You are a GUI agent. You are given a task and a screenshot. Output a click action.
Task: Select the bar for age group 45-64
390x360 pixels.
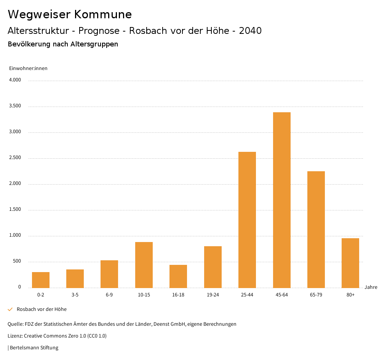click(281, 200)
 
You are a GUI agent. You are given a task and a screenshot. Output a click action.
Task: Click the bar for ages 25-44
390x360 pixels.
click(247, 220)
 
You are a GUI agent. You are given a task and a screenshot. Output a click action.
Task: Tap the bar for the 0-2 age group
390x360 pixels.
click(41, 280)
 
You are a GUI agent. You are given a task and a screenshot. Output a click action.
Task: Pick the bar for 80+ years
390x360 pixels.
click(350, 263)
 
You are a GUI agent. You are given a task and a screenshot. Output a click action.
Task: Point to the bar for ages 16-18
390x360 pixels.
click(178, 276)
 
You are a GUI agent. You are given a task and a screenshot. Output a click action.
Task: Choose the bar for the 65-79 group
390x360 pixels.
click(316, 229)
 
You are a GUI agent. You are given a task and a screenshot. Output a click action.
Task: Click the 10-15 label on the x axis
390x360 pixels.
click(144, 295)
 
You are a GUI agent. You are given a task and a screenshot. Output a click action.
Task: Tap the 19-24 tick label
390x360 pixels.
click(213, 295)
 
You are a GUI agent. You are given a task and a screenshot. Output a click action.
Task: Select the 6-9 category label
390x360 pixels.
click(109, 295)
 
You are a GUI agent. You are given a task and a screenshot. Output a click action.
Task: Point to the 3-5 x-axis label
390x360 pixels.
click(75, 295)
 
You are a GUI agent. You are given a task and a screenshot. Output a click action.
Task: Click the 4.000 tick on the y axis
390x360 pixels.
click(15, 80)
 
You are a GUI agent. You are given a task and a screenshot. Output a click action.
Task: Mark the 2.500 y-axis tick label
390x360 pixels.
click(15, 158)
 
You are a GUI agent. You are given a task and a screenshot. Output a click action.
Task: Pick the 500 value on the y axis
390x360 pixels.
click(17, 261)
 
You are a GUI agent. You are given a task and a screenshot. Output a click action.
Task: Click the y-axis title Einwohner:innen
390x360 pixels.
click(28, 68)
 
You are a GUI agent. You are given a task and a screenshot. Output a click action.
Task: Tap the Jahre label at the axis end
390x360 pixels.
click(371, 287)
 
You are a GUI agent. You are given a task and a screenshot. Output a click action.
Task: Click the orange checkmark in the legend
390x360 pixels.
click(10, 309)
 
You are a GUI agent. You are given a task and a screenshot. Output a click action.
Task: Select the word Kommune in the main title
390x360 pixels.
click(103, 14)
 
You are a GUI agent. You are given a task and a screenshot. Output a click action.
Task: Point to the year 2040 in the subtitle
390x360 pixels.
click(250, 31)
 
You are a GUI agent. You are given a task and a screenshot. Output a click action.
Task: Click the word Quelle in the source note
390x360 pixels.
click(15, 324)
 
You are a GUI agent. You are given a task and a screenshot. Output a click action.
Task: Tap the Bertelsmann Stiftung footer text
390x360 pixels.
click(34, 348)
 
